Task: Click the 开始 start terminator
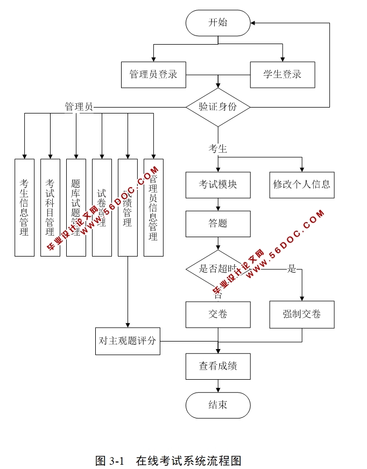coord(218,23)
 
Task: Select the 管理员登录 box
coord(153,74)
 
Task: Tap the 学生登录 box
coord(283,74)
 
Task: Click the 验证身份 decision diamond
coord(218,106)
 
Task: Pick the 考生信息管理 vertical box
coord(24,207)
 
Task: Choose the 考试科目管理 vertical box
coord(50,207)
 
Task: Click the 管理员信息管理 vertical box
coord(153,207)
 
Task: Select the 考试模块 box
coord(218,184)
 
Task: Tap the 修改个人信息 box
coord(301,184)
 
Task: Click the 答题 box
coord(218,223)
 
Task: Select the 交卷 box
coord(218,314)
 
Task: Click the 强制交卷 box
coord(301,314)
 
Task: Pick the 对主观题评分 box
coord(128,341)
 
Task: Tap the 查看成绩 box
coord(218,366)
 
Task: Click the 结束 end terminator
coord(218,405)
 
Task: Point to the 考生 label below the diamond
coord(218,149)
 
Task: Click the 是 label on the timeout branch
coord(292,269)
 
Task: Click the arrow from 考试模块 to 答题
coord(218,204)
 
